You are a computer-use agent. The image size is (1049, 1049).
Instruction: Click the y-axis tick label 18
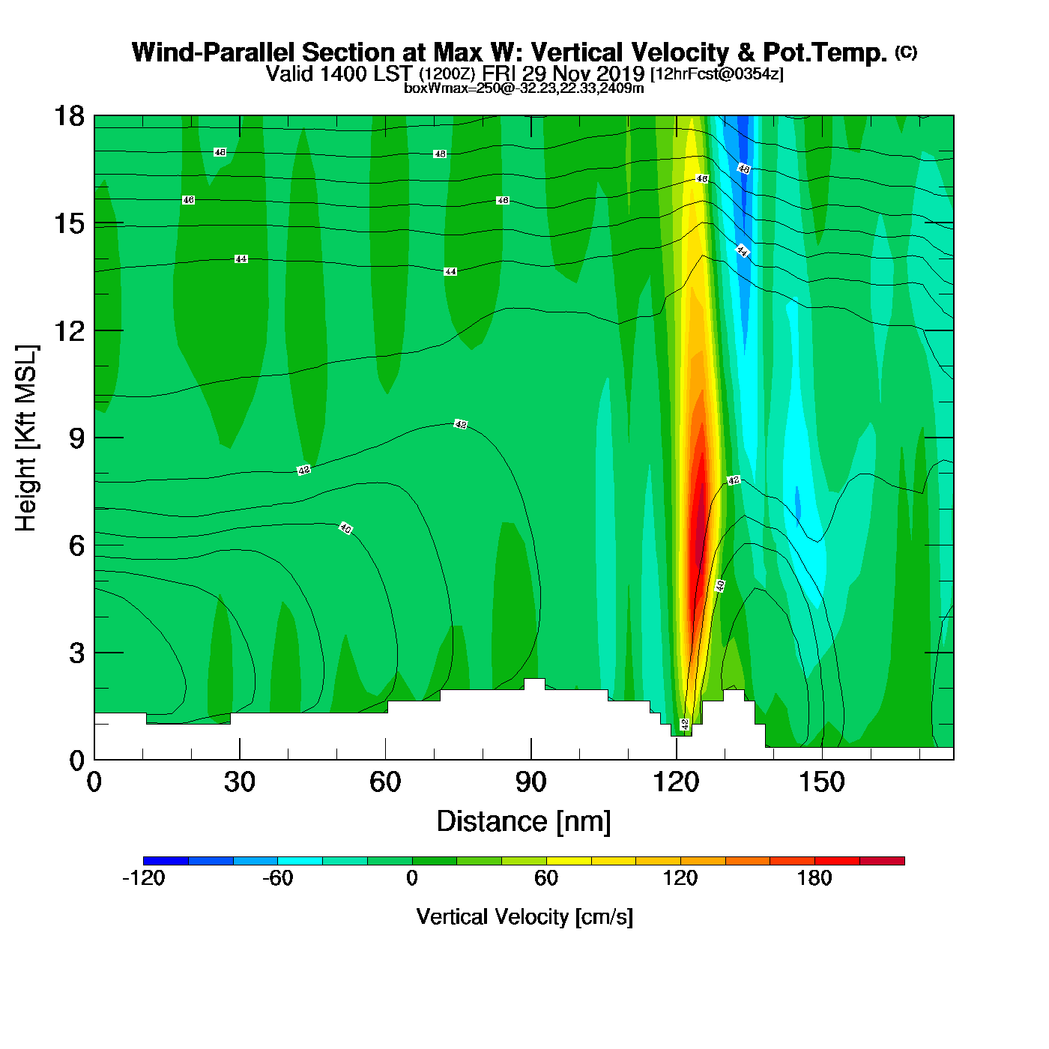pyautogui.click(x=68, y=117)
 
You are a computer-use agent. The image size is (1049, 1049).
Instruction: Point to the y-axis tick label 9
pyautogui.click(x=76, y=438)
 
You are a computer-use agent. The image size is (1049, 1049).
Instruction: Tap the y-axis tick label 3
pyautogui.click(x=76, y=653)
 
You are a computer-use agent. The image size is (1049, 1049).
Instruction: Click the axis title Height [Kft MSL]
pyautogui.click(x=26, y=438)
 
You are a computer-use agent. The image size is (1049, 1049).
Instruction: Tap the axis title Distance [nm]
pyautogui.click(x=524, y=822)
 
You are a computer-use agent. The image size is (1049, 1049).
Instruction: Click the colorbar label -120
pyautogui.click(x=143, y=878)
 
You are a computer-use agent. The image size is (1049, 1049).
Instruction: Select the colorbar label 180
pyautogui.click(x=814, y=878)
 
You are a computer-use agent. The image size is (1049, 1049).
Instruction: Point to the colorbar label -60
pyautogui.click(x=277, y=878)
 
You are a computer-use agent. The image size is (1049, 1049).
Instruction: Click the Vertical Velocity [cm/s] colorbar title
pyautogui.click(x=524, y=917)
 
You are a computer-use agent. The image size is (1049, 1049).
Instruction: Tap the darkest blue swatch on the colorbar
pyautogui.click(x=166, y=861)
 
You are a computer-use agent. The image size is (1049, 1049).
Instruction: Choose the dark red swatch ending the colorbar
pyautogui.click(x=882, y=861)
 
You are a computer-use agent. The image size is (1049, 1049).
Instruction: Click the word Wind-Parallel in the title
pyautogui.click(x=214, y=52)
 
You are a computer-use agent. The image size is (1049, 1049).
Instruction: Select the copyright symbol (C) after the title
pyautogui.click(x=906, y=52)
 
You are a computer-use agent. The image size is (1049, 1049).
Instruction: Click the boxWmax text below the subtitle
pyautogui.click(x=523, y=88)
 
